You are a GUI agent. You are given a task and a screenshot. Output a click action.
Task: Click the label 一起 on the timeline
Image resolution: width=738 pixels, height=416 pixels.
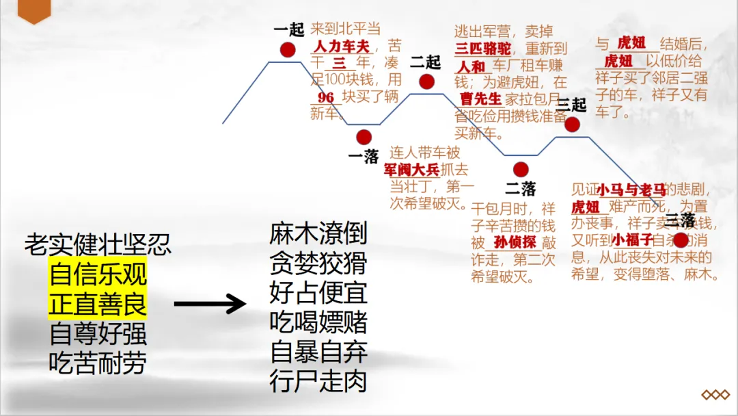tap(288, 30)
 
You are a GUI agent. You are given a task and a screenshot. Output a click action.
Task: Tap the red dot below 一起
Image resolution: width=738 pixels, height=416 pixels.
tap(288, 49)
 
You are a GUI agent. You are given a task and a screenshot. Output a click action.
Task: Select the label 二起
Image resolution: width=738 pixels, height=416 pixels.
tap(426, 62)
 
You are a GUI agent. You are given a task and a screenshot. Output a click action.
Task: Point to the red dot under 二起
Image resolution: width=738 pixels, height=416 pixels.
tap(427, 82)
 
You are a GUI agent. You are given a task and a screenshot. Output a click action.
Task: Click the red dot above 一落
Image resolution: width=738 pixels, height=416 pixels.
tap(364, 137)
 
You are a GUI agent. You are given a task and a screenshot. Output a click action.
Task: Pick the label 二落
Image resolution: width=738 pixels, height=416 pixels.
tap(521, 188)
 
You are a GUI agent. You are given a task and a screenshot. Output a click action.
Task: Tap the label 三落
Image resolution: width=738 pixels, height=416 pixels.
tap(680, 221)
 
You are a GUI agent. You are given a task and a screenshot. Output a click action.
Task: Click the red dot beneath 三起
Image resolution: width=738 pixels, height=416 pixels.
tap(572, 125)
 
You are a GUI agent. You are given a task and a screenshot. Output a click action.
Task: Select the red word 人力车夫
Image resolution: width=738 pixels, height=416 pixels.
tap(341, 47)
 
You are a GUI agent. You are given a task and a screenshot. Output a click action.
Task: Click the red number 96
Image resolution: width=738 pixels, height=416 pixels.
tap(326, 97)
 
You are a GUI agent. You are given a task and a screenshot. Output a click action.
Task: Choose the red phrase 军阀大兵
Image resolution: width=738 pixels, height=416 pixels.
tap(411, 170)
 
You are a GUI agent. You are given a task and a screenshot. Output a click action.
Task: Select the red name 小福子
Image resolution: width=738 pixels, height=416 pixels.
tap(632, 240)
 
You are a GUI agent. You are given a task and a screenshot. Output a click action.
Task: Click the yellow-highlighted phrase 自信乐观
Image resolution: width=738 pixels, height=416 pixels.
tap(98, 275)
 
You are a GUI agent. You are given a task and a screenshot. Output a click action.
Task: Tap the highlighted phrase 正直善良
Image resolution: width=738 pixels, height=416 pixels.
tap(98, 305)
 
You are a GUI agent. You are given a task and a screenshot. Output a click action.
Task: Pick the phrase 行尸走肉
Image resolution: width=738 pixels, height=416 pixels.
tap(318, 381)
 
